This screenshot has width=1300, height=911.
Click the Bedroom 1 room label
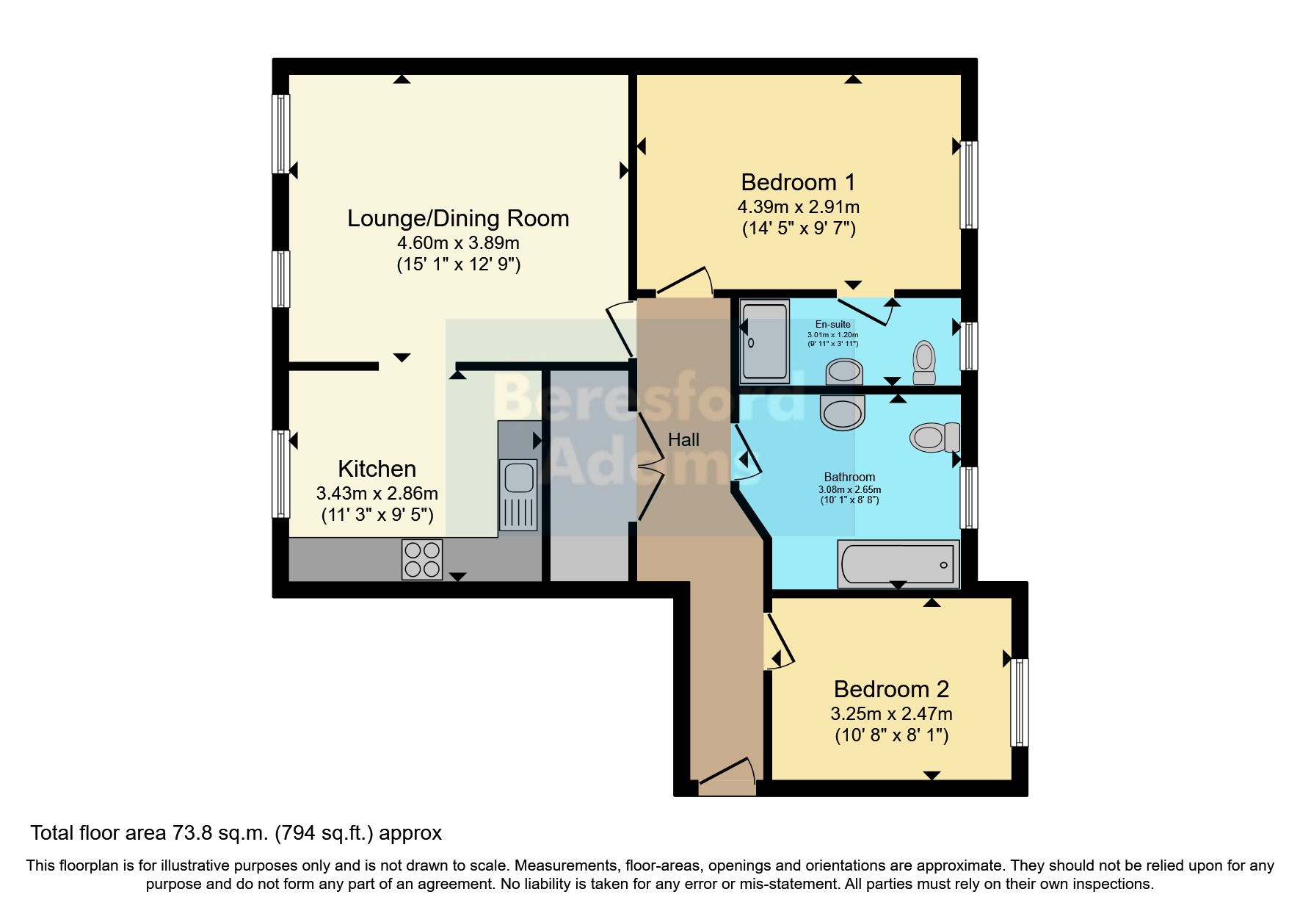(x=798, y=182)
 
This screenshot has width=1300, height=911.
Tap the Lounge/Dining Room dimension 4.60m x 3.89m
(x=458, y=242)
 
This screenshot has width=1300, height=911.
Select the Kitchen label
(x=377, y=469)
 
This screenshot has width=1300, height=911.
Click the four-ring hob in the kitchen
(x=422, y=560)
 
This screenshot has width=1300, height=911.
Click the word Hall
(x=683, y=440)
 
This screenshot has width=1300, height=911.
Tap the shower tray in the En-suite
(x=764, y=342)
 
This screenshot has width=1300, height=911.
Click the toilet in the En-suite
(x=924, y=363)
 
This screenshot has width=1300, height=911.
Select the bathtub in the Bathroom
(x=898, y=564)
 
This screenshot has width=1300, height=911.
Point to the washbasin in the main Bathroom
(x=843, y=413)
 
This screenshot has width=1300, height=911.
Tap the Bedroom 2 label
(x=891, y=689)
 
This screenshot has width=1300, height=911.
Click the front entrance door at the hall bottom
(x=726, y=778)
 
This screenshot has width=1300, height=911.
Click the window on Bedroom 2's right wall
(x=1019, y=702)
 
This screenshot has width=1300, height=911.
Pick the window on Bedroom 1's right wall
(x=969, y=184)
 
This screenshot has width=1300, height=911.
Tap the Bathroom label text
(x=849, y=477)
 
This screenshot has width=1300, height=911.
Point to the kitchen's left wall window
(x=280, y=474)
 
